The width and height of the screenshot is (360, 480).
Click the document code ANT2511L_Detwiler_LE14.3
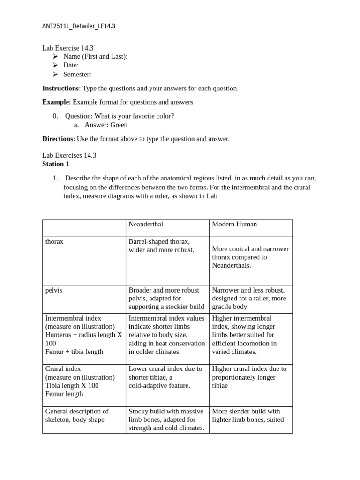coord(78,26)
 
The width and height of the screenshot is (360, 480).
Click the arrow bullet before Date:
coord(55,65)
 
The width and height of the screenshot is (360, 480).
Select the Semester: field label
coord(77,74)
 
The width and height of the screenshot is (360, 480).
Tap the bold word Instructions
coord(60,88)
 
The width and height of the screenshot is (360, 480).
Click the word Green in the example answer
coord(119,125)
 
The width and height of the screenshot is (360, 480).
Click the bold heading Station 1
coord(55,164)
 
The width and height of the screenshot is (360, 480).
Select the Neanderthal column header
coord(146,224)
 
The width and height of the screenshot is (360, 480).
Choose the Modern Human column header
coord(234,224)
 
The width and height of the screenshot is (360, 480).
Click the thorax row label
coord(54,241)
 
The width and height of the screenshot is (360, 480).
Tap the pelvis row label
coord(54,290)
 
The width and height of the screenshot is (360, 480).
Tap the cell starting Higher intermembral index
coord(250,335)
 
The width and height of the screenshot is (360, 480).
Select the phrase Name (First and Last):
coord(95,56)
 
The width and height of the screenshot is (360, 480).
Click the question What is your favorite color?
coord(120,116)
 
